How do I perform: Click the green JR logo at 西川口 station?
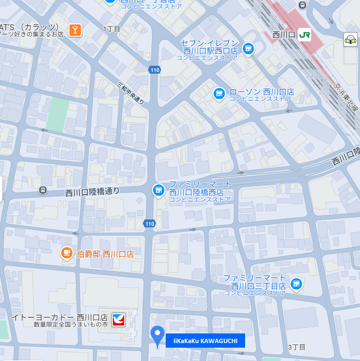tap(304, 35)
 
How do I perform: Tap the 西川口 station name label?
tap(283, 35)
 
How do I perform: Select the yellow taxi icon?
tap(351, 39)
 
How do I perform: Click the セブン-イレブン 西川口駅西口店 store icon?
tap(249, 48)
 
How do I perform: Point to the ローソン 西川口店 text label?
tap(261, 92)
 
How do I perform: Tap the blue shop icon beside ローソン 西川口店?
tap(219, 93)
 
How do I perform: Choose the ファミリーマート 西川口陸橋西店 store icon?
tap(158, 190)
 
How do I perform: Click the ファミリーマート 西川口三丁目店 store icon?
tap(296, 283)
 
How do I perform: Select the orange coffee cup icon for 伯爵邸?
tap(66, 253)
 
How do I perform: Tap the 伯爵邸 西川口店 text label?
tap(105, 254)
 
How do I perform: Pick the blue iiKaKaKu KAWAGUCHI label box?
tap(205, 340)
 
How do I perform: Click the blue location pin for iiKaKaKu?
tap(157, 335)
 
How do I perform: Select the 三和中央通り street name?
tap(130, 93)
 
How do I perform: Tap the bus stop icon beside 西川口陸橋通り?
tap(42, 190)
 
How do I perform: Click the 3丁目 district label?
tap(297, 347)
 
